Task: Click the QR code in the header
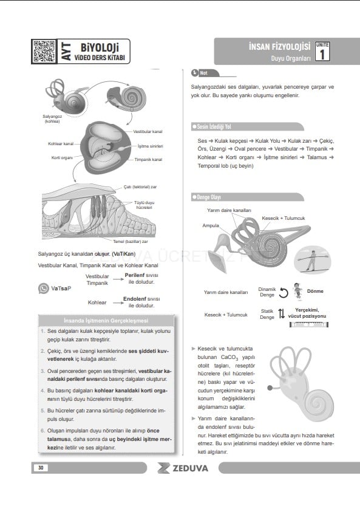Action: click(44, 51)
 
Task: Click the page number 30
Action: click(41, 468)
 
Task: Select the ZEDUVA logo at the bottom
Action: click(183, 468)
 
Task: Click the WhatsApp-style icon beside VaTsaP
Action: click(44, 289)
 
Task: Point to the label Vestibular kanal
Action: click(148, 131)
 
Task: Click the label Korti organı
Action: click(62, 158)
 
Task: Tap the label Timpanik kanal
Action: click(148, 159)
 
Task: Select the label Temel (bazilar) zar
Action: click(131, 242)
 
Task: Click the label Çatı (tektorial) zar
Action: click(140, 187)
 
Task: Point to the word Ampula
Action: click(211, 225)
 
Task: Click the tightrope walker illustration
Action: click(312, 260)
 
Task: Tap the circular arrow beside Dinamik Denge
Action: click(284, 293)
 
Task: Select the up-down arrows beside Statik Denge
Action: click(282, 313)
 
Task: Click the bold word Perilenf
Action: click(135, 275)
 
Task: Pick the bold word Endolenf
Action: click(135, 299)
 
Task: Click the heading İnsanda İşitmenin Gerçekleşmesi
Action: click(106, 321)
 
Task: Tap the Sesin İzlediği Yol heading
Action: click(214, 126)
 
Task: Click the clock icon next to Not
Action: click(195, 73)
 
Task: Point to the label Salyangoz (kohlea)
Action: click(52, 119)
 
